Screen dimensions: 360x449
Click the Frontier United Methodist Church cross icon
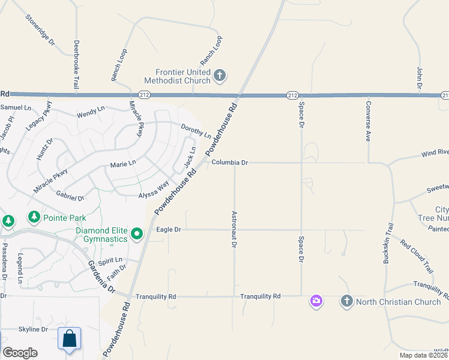(220, 76)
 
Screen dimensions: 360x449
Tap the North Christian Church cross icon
(346, 301)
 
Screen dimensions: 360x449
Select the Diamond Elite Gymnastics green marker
(137, 233)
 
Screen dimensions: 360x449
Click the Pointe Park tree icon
(34, 217)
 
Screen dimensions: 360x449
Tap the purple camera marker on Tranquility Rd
(316, 301)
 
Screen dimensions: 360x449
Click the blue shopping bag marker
(70, 338)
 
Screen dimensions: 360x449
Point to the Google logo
(20, 353)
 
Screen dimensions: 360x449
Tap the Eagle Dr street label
(169, 229)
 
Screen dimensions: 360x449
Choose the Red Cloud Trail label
(416, 256)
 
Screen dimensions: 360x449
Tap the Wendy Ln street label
(91, 113)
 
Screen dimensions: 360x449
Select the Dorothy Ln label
(196, 130)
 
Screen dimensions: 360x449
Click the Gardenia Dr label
(101, 277)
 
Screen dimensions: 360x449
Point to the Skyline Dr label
(32, 329)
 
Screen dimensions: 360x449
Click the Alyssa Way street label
(154, 191)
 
